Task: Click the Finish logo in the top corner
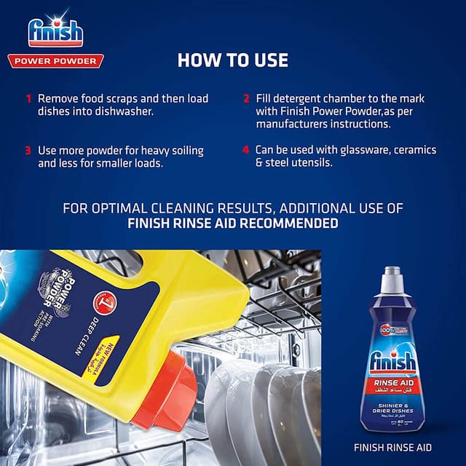pyautogui.click(x=55, y=31)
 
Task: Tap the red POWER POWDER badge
pyautogui.click(x=55, y=61)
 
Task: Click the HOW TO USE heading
pyautogui.click(x=232, y=60)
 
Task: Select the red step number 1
pyautogui.click(x=28, y=98)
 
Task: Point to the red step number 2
pyautogui.click(x=246, y=98)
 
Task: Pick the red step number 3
pyautogui.click(x=28, y=151)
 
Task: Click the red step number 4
pyautogui.click(x=246, y=150)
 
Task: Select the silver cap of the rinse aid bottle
pyautogui.click(x=392, y=277)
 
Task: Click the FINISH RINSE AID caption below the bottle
pyautogui.click(x=393, y=447)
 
